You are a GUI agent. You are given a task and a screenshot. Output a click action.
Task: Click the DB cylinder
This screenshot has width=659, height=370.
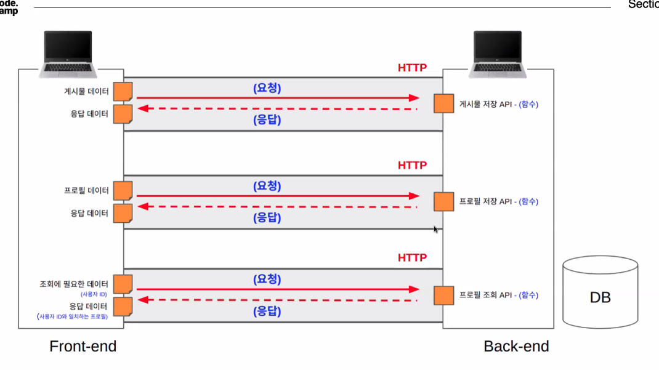click(x=600, y=294)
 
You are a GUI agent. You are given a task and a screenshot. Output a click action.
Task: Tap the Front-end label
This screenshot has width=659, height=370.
click(x=83, y=346)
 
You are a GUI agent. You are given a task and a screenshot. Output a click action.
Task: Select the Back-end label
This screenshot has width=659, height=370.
click(x=516, y=346)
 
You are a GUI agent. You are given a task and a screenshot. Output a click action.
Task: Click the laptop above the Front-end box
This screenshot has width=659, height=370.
click(x=68, y=54)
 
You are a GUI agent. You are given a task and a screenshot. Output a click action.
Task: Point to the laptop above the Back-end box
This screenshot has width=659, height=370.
click(x=498, y=54)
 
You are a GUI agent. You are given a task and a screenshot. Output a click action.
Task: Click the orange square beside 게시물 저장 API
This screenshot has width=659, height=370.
click(x=443, y=103)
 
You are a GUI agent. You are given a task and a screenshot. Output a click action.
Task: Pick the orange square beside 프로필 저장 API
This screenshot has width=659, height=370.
click(x=443, y=201)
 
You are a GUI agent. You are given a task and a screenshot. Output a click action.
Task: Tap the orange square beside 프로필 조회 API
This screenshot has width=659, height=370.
click(x=443, y=295)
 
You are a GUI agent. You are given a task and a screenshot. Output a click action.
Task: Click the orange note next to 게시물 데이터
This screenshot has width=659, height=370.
click(x=123, y=92)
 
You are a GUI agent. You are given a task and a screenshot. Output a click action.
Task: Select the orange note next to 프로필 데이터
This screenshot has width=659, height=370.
click(x=123, y=191)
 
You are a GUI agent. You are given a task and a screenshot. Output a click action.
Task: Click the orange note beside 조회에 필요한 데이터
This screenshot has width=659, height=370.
click(x=123, y=284)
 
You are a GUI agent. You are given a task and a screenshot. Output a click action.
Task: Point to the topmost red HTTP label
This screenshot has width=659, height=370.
click(x=412, y=68)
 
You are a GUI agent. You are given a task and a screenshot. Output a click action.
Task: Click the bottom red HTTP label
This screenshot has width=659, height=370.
click(x=412, y=257)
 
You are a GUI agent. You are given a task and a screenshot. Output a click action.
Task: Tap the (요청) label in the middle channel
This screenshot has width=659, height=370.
click(x=267, y=185)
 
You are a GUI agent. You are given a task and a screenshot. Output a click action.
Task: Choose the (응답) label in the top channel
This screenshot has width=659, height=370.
click(x=267, y=120)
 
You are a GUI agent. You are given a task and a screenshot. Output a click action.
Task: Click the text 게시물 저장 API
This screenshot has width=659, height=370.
click(x=485, y=105)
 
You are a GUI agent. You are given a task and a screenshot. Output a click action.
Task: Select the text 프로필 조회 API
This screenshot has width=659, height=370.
click(x=485, y=295)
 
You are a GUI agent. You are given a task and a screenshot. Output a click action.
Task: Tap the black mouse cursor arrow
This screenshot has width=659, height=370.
click(x=435, y=229)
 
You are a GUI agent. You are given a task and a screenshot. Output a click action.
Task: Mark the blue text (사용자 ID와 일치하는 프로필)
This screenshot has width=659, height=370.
click(x=73, y=316)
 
